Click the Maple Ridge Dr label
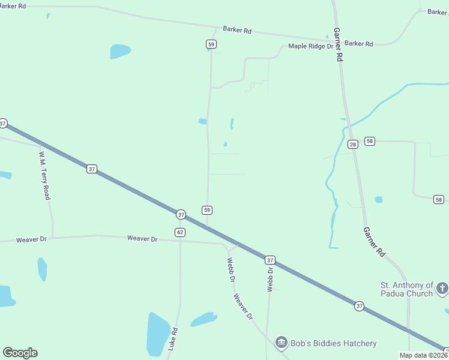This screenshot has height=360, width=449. click(x=311, y=46)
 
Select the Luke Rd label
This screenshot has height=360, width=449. click(x=173, y=339)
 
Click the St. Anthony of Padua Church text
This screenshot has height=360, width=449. click(x=406, y=289)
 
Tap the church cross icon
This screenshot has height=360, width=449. click(x=442, y=289)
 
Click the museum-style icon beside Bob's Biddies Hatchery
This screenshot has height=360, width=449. click(x=281, y=343)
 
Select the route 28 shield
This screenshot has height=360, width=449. click(x=352, y=144)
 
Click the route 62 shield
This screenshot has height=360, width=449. click(x=180, y=232)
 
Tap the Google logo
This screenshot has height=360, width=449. click(x=20, y=353)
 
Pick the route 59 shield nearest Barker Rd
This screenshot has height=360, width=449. click(x=211, y=44)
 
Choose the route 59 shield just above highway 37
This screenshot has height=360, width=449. click(x=207, y=210)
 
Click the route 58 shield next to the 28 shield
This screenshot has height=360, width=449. click(x=369, y=141)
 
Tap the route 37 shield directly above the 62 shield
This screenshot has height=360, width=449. click(x=181, y=214)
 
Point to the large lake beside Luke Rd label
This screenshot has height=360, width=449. click(x=158, y=334)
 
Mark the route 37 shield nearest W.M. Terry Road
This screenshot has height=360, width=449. click(x=91, y=169)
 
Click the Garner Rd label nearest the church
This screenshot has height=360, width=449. click(x=373, y=243)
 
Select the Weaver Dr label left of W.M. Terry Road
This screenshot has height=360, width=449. click(x=31, y=239)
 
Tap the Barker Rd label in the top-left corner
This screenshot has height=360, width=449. click(x=14, y=6)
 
